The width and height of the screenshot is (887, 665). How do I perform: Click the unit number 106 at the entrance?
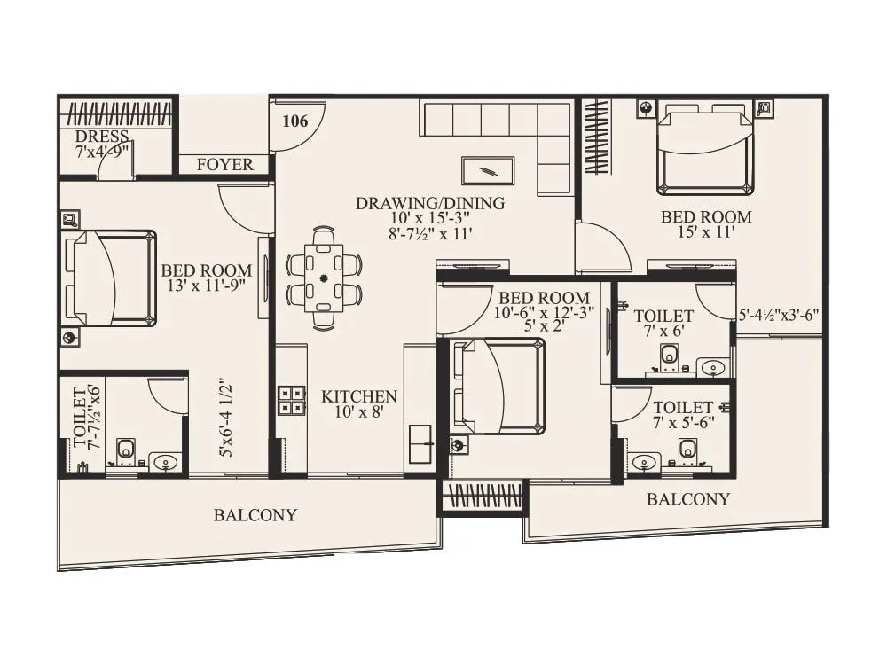(295, 121)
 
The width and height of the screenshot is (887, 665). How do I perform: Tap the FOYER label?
(224, 165)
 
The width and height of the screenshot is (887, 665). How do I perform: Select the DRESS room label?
(102, 137)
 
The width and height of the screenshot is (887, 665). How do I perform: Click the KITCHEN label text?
(358, 396)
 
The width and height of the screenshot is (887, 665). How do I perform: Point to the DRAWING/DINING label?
(430, 203)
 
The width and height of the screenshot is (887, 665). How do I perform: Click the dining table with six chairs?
(324, 278)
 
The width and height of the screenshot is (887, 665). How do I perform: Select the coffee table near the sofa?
(487, 170)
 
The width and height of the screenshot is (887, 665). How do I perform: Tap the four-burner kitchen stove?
(291, 401)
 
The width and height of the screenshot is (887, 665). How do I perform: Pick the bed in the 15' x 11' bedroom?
(705, 150)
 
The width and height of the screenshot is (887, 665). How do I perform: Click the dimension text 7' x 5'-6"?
(683, 424)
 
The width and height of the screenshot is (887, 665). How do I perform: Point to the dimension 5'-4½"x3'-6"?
(778, 314)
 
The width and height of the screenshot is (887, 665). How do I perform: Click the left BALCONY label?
(255, 515)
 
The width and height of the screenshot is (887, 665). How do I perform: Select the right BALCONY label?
(687, 499)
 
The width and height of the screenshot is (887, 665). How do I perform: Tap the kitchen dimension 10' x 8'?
(358, 413)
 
